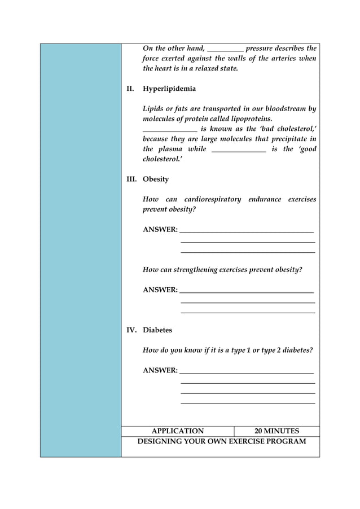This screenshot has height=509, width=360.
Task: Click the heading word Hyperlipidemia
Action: coord(169,89)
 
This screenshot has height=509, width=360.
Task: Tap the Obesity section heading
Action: coord(156,179)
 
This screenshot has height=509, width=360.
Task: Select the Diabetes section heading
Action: coord(157,330)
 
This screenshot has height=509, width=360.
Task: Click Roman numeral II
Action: coord(130,89)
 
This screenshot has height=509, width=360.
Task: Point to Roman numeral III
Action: coord(131,179)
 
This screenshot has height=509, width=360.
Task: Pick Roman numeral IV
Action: coord(131,330)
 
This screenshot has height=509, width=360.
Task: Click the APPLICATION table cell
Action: coord(178,431)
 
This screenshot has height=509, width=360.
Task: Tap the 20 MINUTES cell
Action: coord(276,431)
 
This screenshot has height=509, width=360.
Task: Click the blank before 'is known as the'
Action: coord(170,130)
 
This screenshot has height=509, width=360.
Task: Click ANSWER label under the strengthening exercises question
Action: coord(160,290)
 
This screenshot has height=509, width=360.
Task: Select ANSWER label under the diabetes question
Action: coord(160,371)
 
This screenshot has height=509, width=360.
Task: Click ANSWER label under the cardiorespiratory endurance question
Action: coord(160,230)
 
